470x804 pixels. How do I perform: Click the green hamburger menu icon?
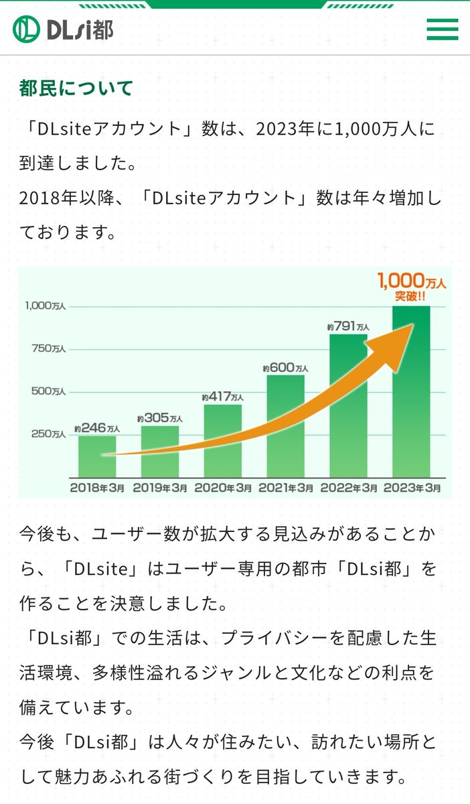point(442,29)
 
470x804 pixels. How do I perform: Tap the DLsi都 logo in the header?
point(63,29)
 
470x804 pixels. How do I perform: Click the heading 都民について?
point(76,88)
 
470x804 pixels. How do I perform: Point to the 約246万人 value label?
point(97,428)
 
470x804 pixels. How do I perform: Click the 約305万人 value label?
point(159,418)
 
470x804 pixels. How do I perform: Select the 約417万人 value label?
point(222,397)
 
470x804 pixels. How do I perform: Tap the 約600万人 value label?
point(285,368)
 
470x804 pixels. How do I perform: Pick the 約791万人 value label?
point(348,327)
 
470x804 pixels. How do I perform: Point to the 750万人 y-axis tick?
point(49,349)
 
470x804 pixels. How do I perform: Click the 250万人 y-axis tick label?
point(49,434)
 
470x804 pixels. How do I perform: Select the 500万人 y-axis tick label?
point(49,392)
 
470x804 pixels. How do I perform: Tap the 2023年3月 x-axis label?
point(412,488)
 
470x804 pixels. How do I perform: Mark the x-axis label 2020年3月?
point(223,488)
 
